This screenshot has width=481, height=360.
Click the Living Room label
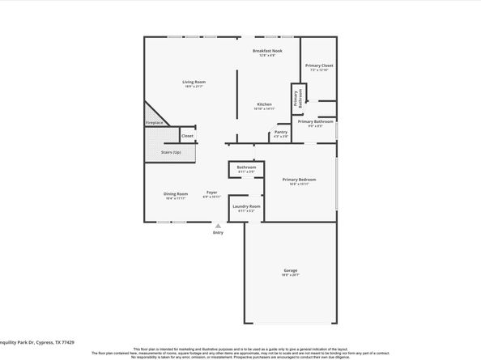point(193,82)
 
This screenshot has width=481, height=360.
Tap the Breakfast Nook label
point(266,50)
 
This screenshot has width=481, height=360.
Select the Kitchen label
point(265,104)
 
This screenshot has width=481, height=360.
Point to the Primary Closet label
point(319,65)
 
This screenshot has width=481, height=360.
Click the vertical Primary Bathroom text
point(297,97)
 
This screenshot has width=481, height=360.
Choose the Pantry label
point(281,131)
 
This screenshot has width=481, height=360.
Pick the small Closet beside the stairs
point(187,136)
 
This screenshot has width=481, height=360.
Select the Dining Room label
point(176,193)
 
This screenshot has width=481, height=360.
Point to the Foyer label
point(213,192)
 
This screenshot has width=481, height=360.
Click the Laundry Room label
point(246,206)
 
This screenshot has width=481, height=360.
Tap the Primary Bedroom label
point(299,180)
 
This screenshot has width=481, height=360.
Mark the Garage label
point(290,270)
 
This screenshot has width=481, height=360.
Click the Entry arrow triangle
point(218,227)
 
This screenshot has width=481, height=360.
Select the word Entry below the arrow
point(218,233)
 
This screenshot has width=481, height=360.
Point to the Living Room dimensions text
point(193,87)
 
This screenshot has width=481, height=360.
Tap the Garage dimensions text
point(290,275)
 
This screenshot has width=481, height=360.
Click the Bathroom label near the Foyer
point(246,167)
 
